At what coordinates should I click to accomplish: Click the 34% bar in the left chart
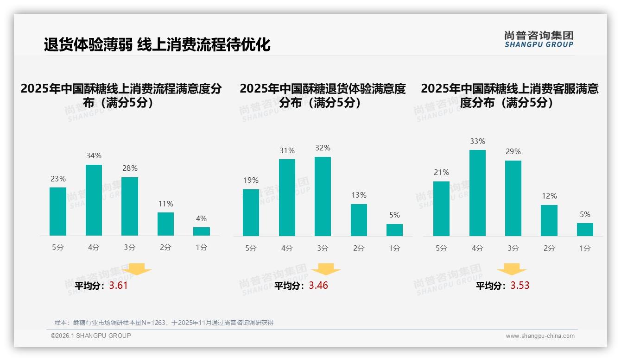[94, 200]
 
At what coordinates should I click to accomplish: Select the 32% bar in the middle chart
[323, 196]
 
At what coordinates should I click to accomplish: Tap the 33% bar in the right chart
[477, 193]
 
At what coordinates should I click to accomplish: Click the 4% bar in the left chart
[202, 231]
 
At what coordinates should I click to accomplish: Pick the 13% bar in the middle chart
[359, 220]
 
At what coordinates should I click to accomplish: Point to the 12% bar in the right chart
[549, 220]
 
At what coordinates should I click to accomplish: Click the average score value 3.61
[118, 286]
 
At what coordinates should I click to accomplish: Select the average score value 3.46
[318, 286]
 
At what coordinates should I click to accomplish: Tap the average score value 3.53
[520, 286]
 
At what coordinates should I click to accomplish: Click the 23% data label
[58, 179]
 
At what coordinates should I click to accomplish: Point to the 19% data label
[251, 180]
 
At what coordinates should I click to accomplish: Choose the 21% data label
[441, 172]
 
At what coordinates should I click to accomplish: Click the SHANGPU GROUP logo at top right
[539, 39]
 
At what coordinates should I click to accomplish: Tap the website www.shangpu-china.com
[540, 336]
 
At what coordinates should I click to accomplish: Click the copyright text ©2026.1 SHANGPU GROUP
[91, 336]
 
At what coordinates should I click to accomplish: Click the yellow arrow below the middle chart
[326, 269]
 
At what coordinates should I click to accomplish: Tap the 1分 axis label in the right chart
[585, 248]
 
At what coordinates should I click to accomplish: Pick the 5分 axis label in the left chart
[58, 248]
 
